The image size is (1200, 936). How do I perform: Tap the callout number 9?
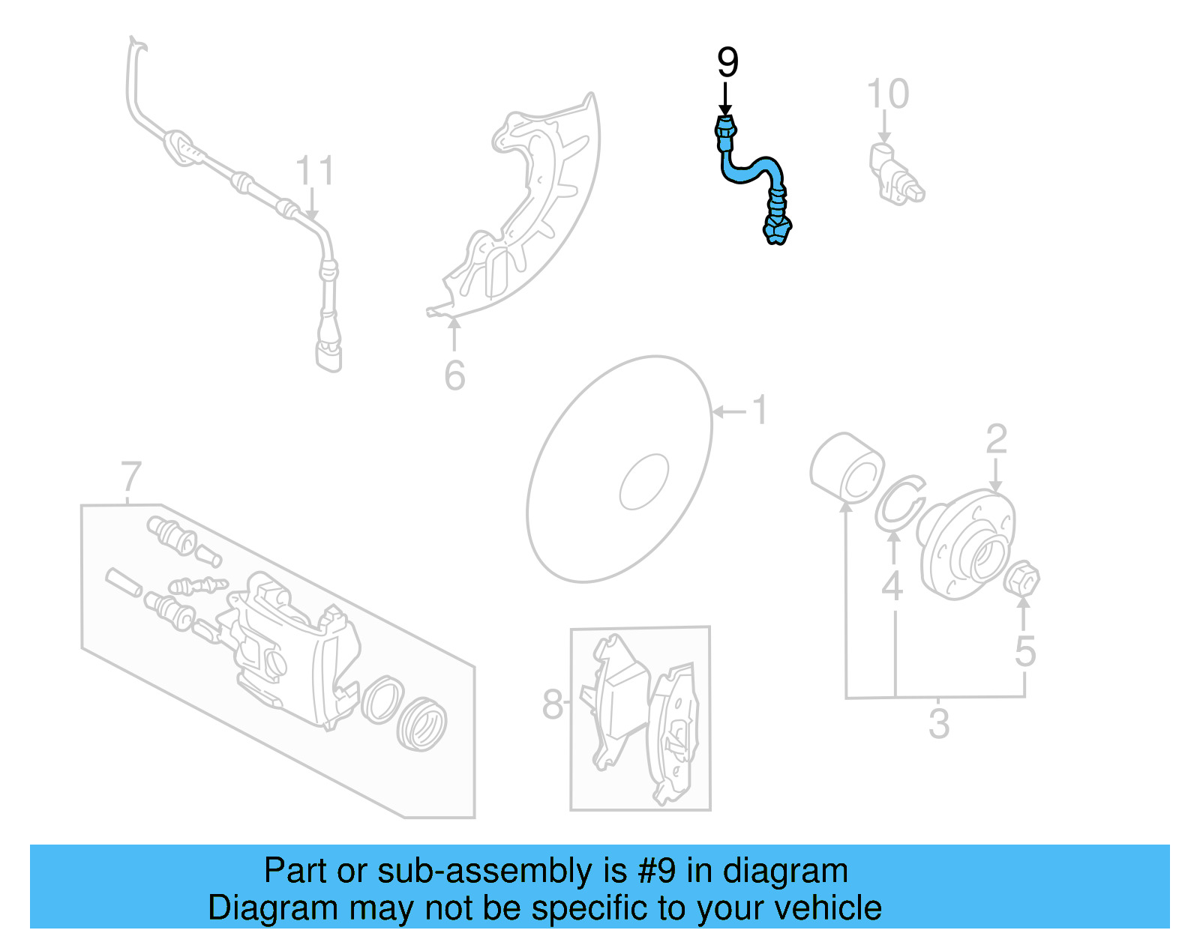(x=727, y=63)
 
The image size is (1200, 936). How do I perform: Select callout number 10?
(x=888, y=94)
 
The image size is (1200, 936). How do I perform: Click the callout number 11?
(x=314, y=172)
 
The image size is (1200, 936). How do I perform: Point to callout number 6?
(x=454, y=375)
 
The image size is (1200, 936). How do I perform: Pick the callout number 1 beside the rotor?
(x=760, y=411)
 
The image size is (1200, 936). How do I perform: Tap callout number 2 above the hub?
(x=996, y=439)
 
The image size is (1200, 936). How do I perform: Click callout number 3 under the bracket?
(x=939, y=724)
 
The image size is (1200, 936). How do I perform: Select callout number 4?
(x=892, y=586)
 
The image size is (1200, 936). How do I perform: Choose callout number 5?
(x=1025, y=650)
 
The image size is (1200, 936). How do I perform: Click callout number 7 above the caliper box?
(x=131, y=477)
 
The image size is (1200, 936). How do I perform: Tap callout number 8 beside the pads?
(x=553, y=704)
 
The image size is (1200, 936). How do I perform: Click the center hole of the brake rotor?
(x=643, y=482)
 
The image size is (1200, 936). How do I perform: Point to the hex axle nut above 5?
(x=1021, y=579)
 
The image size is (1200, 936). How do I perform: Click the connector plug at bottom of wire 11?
(x=328, y=352)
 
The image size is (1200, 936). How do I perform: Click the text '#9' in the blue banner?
(x=657, y=871)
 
